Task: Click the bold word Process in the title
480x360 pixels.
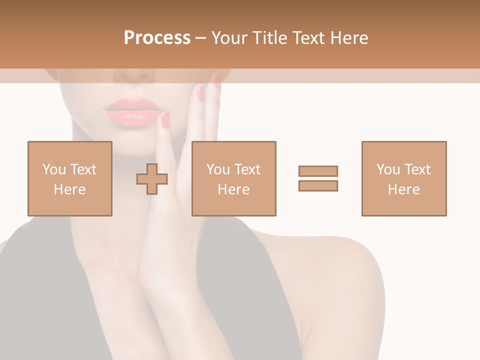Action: (157, 38)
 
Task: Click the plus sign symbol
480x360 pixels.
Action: (152, 179)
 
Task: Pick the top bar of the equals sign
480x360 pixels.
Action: (318, 171)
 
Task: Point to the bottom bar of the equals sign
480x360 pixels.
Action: (318, 185)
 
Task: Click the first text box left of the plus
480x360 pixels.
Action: (69, 178)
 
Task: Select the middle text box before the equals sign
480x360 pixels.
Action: (233, 178)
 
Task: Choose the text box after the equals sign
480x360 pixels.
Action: (403, 178)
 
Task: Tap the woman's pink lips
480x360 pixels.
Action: (132, 111)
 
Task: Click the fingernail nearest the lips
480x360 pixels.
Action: (165, 120)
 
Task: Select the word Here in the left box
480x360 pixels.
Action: (69, 189)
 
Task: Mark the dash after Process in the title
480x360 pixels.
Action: (200, 38)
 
